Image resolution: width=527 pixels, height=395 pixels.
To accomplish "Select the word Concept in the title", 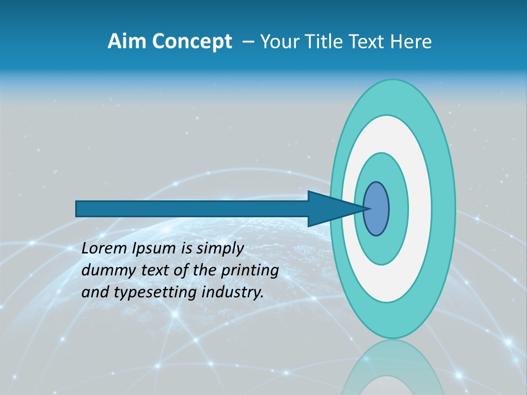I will (192, 42).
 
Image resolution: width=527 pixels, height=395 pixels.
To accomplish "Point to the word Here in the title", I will (411, 42).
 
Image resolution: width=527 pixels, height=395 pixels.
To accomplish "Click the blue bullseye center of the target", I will (376, 209).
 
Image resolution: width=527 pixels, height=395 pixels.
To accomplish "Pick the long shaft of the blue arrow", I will (192, 209).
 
